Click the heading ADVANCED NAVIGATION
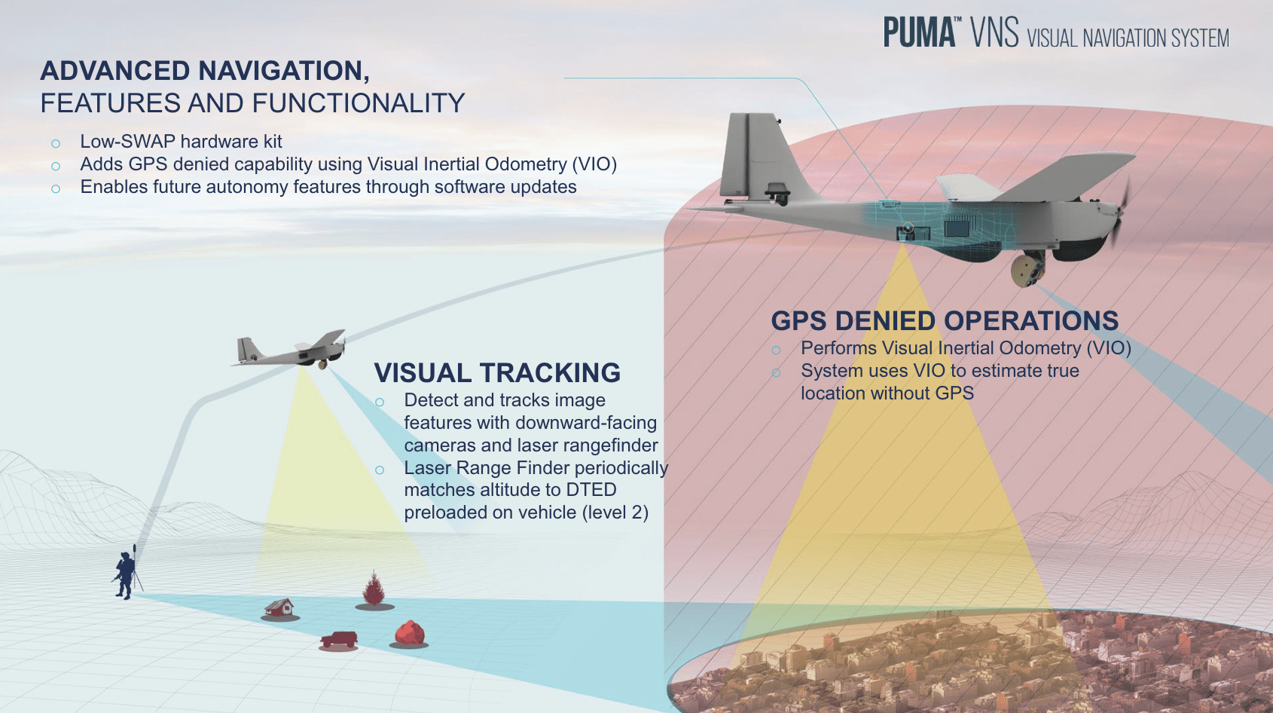tap(204, 71)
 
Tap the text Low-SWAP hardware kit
tap(181, 142)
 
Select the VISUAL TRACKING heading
tap(497, 373)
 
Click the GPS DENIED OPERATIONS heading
tap(945, 321)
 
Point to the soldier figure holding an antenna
tap(126, 574)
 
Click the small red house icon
tap(279, 607)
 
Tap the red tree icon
tap(374, 589)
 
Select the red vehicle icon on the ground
tap(339, 640)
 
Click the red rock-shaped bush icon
tap(410, 633)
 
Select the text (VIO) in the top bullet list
tap(594, 164)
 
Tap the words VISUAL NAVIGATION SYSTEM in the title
tap(1128, 38)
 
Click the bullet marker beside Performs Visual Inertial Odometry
tap(776, 350)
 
